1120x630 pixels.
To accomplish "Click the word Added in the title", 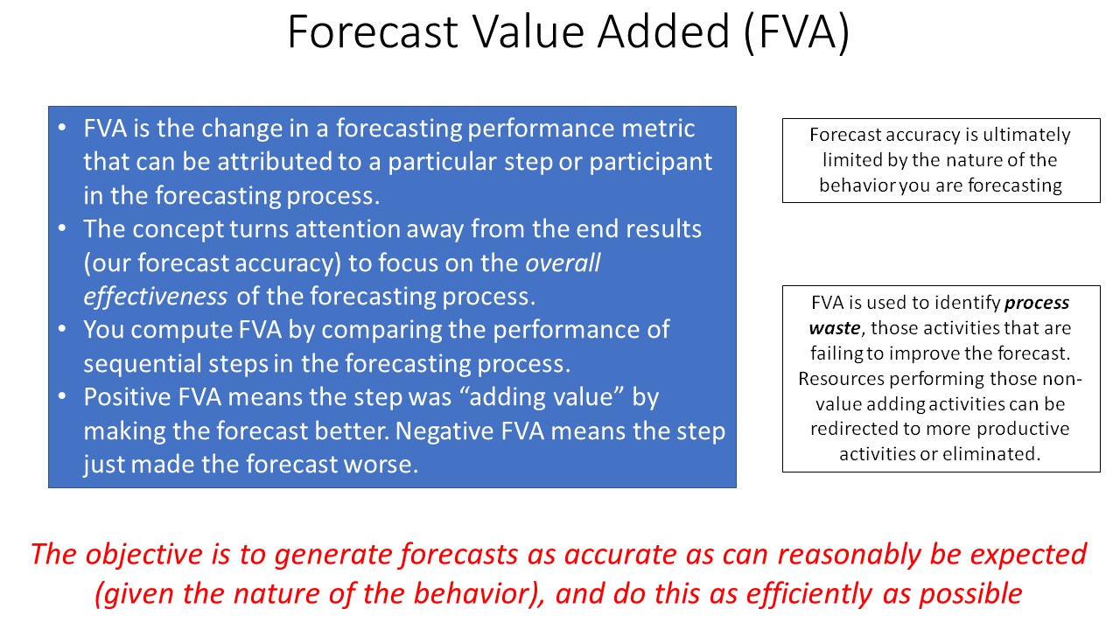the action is point(663,32).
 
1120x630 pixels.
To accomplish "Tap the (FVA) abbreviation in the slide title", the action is point(797,33).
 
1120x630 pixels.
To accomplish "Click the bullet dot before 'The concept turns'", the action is point(62,228).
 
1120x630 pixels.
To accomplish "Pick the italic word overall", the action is point(563,262).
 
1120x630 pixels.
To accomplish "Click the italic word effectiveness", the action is point(155,296).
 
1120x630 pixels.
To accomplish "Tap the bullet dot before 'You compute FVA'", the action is point(62,329).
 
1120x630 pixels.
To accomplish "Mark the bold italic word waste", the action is point(835,328).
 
